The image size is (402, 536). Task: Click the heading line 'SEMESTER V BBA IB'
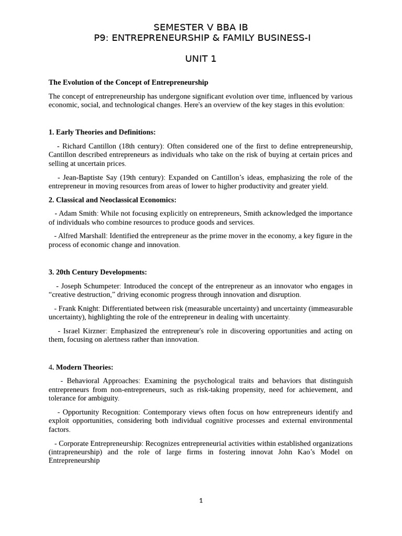(x=200, y=27)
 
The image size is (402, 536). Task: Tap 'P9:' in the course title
(x=100, y=38)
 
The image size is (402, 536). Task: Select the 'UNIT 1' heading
(x=200, y=59)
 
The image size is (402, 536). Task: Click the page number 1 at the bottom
(x=200, y=501)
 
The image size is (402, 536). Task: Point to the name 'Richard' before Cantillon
(x=74, y=146)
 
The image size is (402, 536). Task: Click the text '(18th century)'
(x=141, y=146)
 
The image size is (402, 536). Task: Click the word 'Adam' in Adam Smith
(x=67, y=214)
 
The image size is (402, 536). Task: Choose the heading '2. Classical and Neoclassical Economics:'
(x=113, y=200)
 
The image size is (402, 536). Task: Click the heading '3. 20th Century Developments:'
(x=98, y=272)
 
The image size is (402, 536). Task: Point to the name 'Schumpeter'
(x=102, y=286)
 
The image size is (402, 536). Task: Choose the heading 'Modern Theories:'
(x=84, y=367)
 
